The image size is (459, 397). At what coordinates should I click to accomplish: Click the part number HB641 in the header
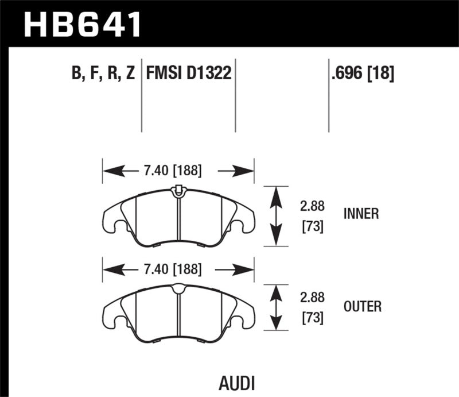pyautogui.click(x=81, y=24)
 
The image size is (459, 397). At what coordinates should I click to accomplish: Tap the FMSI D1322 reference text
pyautogui.click(x=189, y=74)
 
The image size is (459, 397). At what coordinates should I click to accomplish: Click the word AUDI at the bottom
pyautogui.click(x=237, y=382)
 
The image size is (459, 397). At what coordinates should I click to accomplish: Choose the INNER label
pyautogui.click(x=361, y=214)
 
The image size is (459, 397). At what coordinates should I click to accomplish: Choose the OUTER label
pyautogui.click(x=362, y=307)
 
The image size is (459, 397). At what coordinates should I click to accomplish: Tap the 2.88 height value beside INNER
pyautogui.click(x=313, y=207)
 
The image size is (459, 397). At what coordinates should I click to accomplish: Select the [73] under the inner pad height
pyautogui.click(x=313, y=227)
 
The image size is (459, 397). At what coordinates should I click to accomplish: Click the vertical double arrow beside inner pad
pyautogui.click(x=277, y=216)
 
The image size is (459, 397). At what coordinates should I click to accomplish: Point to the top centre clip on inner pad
pyautogui.click(x=178, y=190)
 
